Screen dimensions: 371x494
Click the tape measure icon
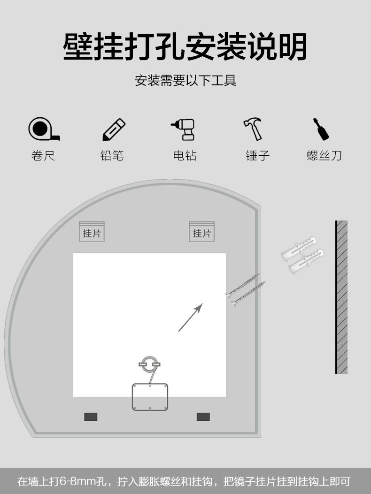point(43,129)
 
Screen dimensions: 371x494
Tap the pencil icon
point(114,129)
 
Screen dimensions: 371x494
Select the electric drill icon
point(184,129)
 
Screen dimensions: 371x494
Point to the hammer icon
point(254,129)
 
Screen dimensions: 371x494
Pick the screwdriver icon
point(321,129)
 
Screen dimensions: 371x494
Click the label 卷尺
point(43,156)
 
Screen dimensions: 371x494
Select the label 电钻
point(185,156)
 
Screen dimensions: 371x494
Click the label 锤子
point(257,156)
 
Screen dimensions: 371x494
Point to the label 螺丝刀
point(324,156)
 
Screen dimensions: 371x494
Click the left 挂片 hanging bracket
point(92,232)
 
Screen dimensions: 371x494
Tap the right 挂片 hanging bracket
point(202,232)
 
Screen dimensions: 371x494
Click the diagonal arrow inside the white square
point(191,317)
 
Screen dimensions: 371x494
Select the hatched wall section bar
point(341,297)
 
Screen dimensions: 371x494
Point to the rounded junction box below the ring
point(150,397)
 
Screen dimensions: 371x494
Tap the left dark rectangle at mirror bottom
point(91,417)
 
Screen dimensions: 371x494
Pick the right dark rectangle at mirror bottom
point(203,417)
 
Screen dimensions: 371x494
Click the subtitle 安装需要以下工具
point(185,80)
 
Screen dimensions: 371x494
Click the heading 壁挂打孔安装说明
point(185,47)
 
